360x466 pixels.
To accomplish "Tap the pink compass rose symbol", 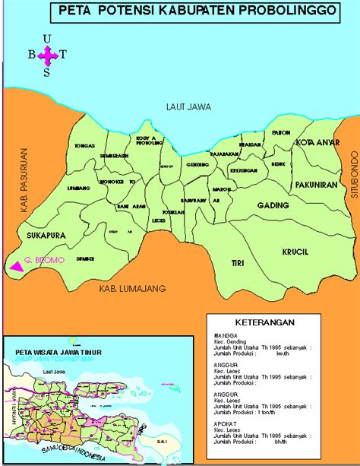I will click(x=47, y=55).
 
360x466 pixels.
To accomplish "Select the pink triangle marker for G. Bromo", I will click(x=14, y=266).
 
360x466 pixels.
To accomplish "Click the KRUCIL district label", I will click(x=295, y=252).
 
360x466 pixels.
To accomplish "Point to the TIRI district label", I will click(x=238, y=263).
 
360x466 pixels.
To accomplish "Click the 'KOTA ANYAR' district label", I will click(x=315, y=142).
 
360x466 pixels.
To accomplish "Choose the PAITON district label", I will click(x=281, y=132).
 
